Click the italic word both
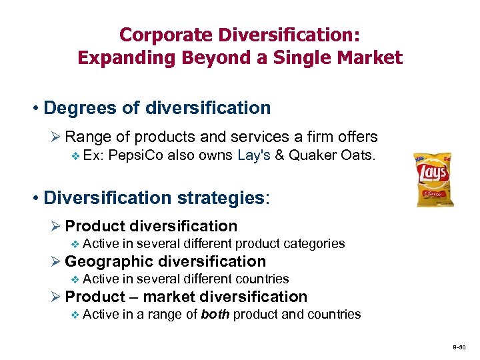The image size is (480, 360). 214,314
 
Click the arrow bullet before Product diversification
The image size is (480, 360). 56,227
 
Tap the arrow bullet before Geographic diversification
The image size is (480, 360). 56,262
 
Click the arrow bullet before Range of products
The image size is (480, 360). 56,137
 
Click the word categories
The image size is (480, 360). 315,243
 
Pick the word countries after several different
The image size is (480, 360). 261,279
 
